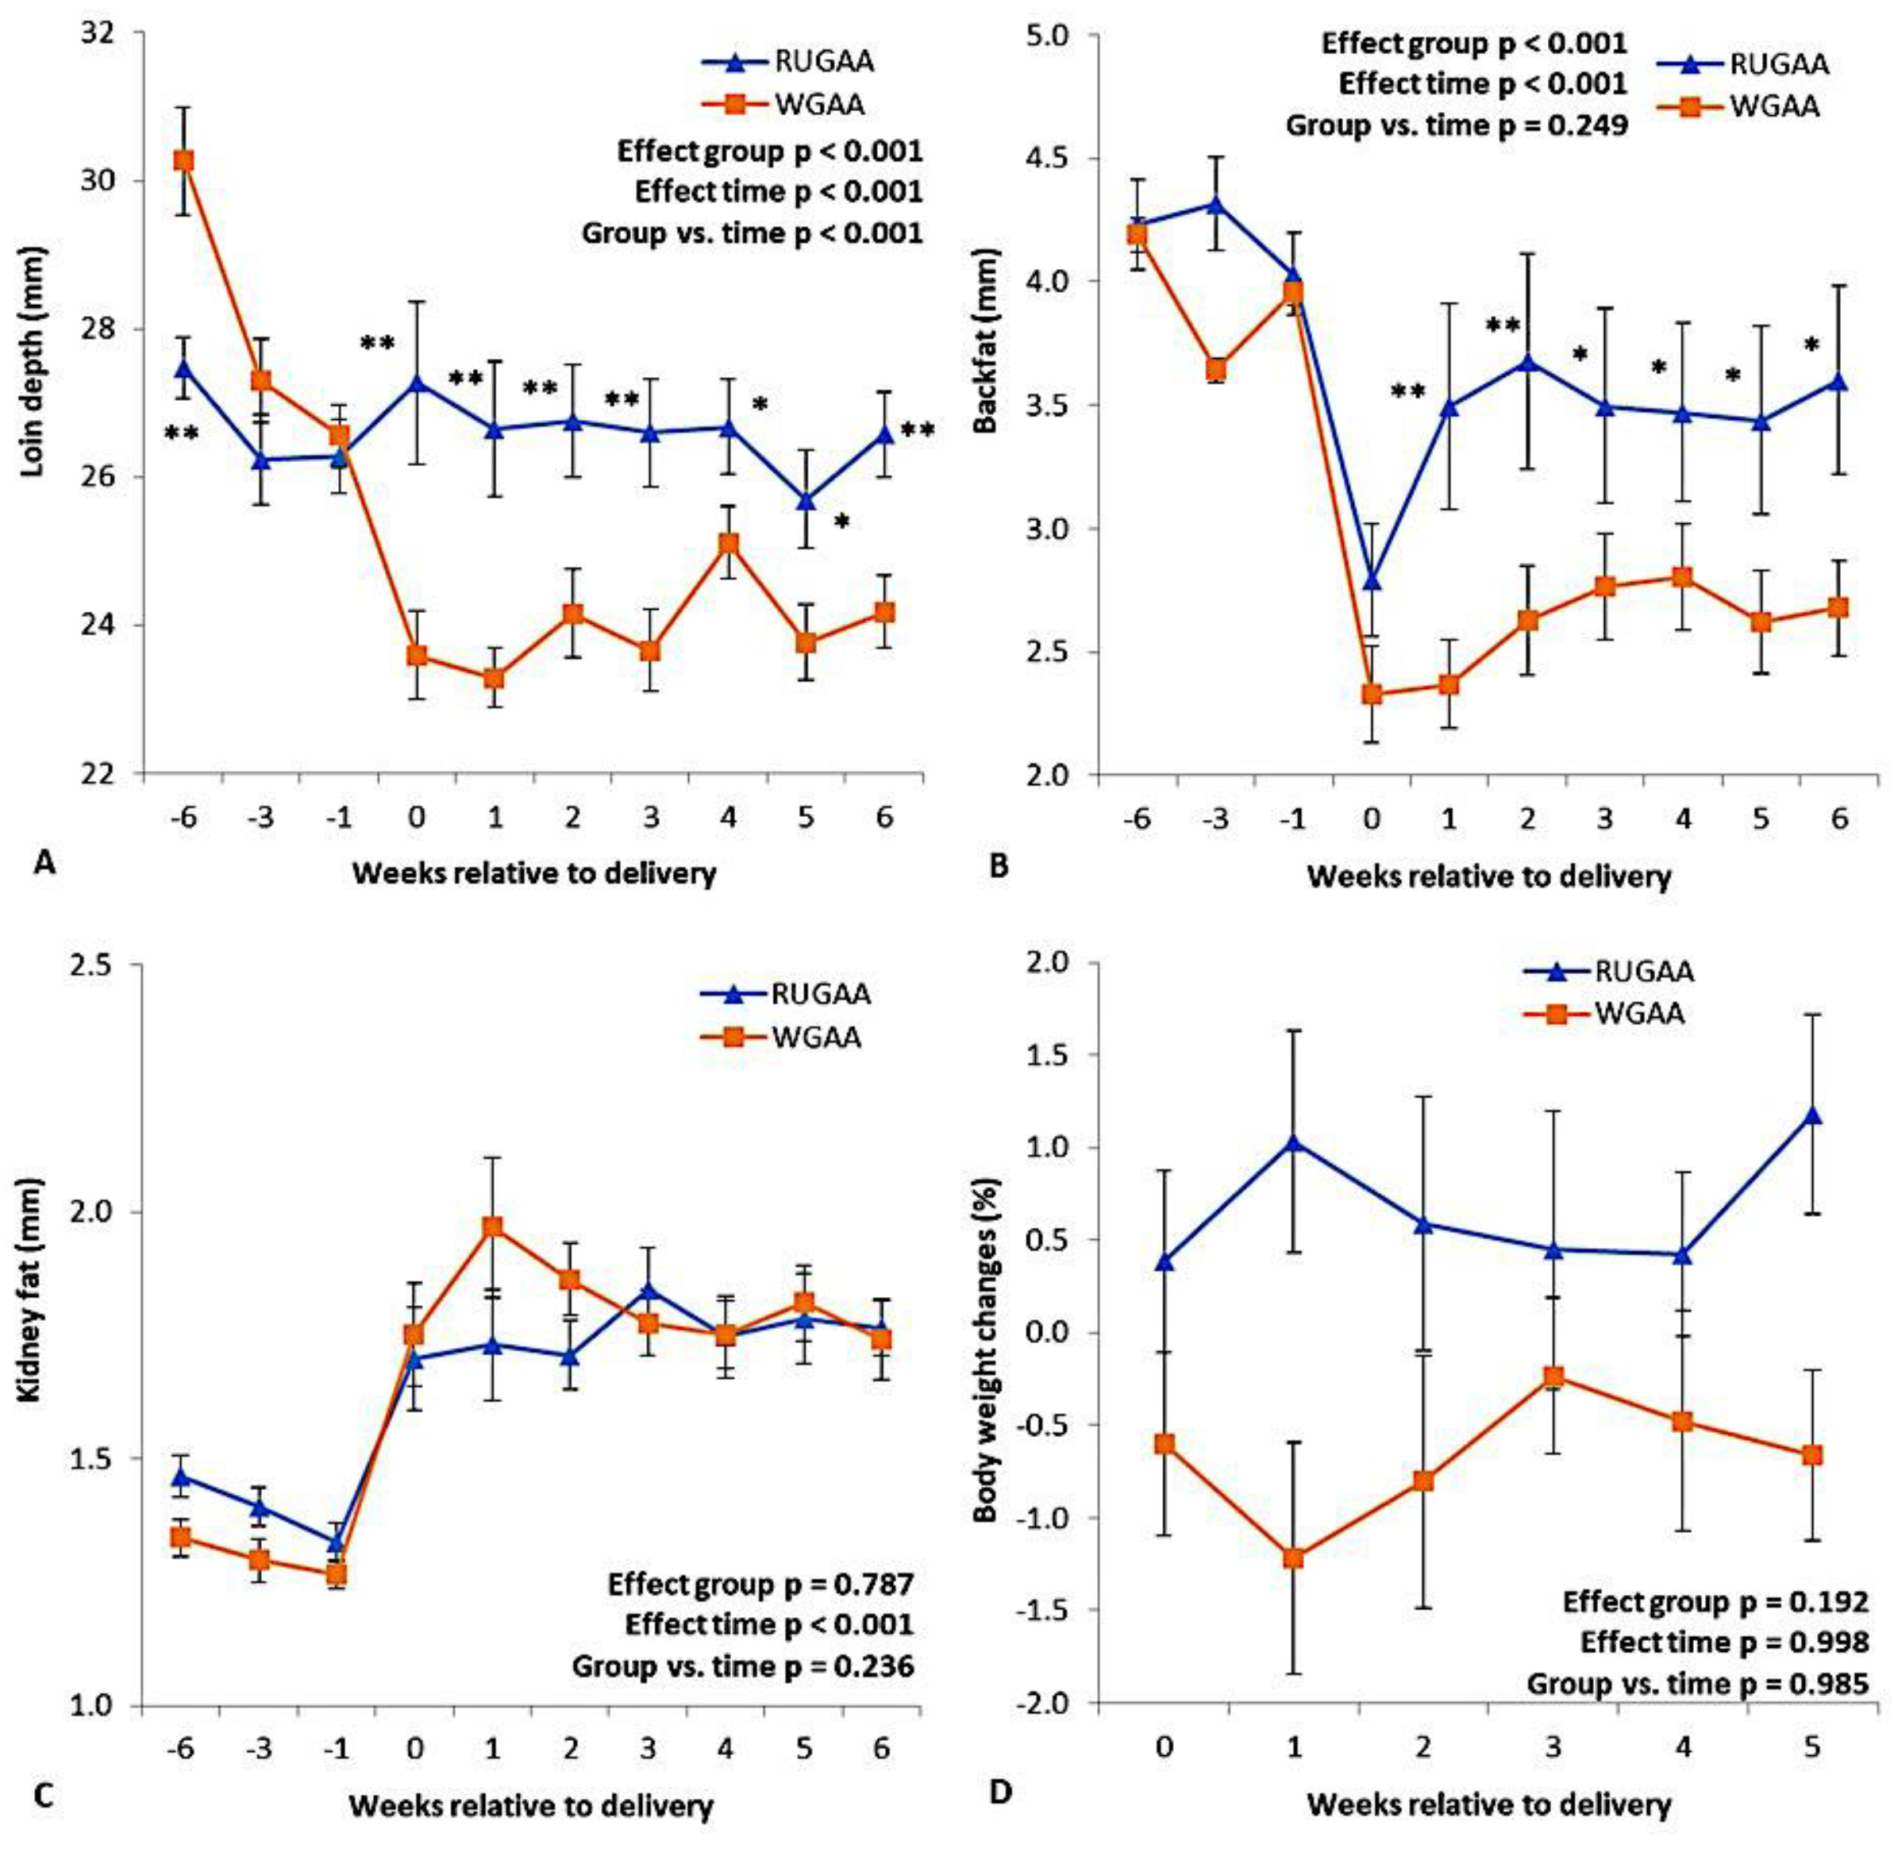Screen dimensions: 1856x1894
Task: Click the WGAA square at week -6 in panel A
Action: point(183,161)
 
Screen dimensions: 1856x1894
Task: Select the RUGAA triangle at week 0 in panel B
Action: point(1372,580)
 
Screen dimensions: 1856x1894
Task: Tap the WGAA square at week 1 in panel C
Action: point(492,1226)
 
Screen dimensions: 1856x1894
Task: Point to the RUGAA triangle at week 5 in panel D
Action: point(1811,1115)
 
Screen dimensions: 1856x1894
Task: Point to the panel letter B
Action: point(999,864)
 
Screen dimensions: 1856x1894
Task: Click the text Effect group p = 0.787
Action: point(760,1584)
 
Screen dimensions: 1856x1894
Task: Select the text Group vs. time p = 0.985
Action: point(1697,1684)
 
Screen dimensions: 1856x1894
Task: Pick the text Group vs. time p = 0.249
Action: point(1457,125)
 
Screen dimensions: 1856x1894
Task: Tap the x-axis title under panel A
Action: point(533,872)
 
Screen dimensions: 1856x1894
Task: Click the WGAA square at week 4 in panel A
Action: point(727,544)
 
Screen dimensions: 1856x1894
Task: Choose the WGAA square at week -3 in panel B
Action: point(1215,369)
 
